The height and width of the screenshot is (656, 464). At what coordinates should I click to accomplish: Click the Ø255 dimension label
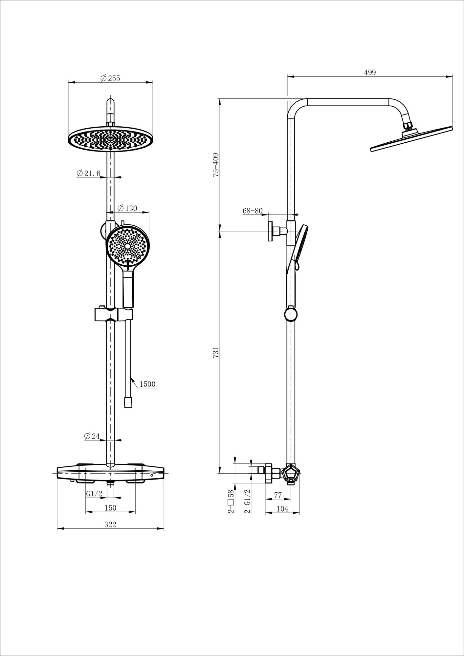coord(110,78)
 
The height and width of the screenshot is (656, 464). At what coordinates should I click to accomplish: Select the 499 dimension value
coord(370,73)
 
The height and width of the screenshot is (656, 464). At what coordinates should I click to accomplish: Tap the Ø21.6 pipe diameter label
coord(89,174)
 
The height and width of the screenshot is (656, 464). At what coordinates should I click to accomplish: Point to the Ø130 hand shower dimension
coord(127,208)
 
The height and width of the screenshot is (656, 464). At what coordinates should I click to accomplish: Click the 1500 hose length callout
coord(147,384)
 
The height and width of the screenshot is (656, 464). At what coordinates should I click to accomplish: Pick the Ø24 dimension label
coord(92,436)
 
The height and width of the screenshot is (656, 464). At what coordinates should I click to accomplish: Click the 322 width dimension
coord(110,524)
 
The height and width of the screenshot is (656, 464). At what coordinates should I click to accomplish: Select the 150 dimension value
coord(110,508)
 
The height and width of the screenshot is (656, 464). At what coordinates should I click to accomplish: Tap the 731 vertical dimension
coord(216,352)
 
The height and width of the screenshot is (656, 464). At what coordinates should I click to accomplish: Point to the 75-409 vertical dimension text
coord(216,165)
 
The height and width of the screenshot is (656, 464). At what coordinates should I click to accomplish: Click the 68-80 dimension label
coord(253,211)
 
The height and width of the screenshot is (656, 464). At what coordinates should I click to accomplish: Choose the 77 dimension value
coord(278,495)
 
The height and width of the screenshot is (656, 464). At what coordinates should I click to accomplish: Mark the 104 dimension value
coord(282,509)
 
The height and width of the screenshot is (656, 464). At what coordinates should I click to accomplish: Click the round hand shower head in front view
coord(127,246)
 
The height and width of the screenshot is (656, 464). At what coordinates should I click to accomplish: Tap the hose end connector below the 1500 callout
coord(128,402)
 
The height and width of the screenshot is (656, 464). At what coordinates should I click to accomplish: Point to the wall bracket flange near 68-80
coord(271,231)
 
